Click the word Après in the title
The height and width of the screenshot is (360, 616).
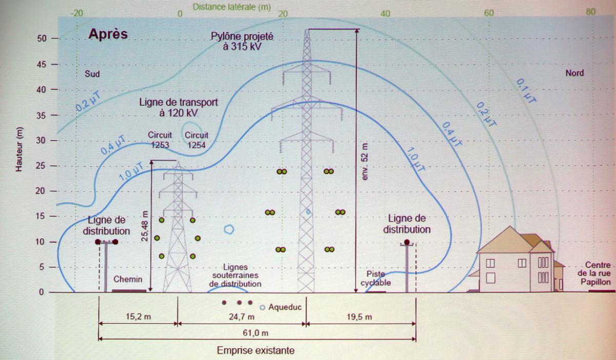(x=108, y=34)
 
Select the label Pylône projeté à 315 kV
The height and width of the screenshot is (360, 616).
(x=242, y=41)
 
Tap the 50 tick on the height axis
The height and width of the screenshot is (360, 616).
(x=42, y=39)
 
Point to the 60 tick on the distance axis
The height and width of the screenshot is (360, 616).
(x=488, y=13)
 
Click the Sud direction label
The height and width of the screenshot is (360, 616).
(x=92, y=73)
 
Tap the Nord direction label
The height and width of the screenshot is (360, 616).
(x=574, y=73)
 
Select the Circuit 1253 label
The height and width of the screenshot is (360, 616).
(x=160, y=140)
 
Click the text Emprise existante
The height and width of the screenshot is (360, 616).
(x=256, y=351)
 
